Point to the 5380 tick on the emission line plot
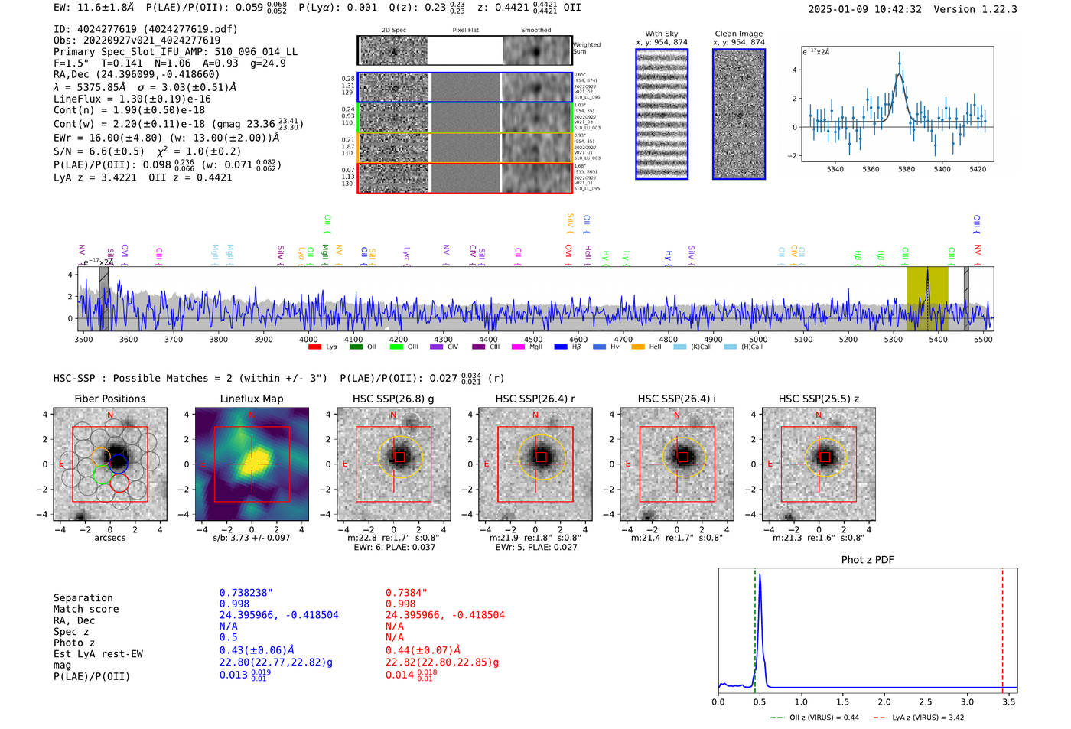907,169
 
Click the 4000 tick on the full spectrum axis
308,339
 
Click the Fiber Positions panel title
109,399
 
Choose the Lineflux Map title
251,399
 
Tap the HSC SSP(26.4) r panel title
535,399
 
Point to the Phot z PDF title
868,559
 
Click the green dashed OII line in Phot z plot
755,627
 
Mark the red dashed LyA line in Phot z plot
1002,627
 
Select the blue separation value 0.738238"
246,593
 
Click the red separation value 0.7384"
406,593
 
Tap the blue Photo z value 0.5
228,637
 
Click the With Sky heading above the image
661,34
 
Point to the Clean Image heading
738,34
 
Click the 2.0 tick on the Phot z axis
884,701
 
